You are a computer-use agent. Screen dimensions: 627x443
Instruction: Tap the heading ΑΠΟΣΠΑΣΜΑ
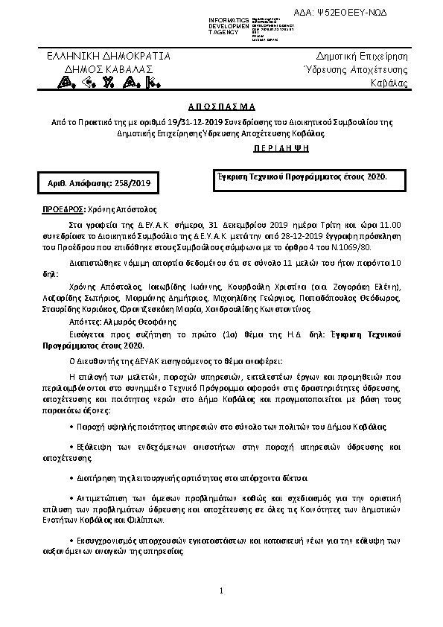(221, 106)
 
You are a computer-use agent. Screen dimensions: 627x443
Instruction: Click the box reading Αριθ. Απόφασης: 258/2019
(94, 182)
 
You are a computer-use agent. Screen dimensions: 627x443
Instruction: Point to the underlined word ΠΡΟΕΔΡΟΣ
(63, 210)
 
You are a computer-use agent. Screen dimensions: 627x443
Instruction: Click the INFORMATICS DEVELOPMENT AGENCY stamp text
(223, 25)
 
